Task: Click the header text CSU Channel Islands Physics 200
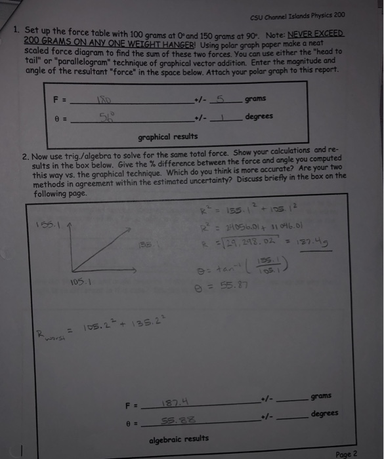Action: coord(297,16)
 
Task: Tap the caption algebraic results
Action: coord(179,438)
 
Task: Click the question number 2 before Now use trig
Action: coord(25,157)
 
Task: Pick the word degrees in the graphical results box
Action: coord(259,116)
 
